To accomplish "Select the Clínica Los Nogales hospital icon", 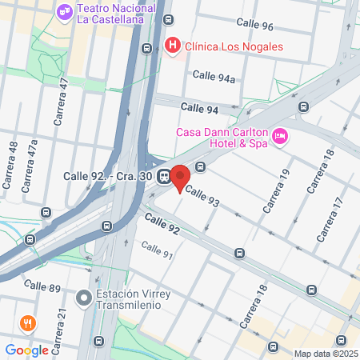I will coord(171,46).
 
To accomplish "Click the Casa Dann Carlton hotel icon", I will coord(280,136).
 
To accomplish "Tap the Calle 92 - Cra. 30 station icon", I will coord(163,176).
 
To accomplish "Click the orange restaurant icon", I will coord(27,323).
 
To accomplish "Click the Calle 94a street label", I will coord(214,77).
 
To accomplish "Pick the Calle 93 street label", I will coord(202,197).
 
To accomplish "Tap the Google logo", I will coord(26,350).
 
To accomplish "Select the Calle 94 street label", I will coord(199,107).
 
